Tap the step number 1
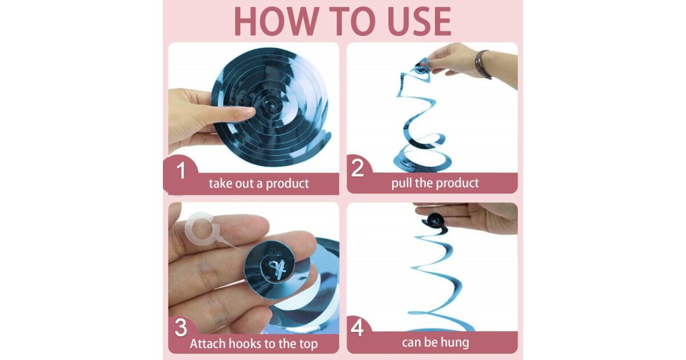pos(181,170)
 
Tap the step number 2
pos(357,167)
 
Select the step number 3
pos(181,327)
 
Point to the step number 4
pos(357,327)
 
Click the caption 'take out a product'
pos(259,183)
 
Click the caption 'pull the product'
pos(435,183)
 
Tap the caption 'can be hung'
pos(435,342)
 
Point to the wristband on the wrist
pos(481,64)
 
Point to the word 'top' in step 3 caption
pos(307,344)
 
